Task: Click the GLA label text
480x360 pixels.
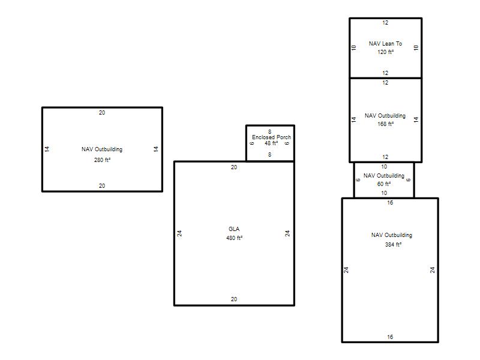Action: [234, 229]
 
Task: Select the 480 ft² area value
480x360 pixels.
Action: [234, 238]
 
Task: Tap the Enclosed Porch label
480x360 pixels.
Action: [271, 137]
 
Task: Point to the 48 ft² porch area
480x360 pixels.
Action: [271, 143]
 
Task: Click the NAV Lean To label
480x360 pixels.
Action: [385, 44]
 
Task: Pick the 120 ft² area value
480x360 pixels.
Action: [385, 52]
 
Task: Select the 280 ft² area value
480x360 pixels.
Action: [102, 160]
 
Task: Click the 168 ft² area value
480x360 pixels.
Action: [385, 124]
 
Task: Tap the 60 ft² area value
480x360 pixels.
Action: [384, 184]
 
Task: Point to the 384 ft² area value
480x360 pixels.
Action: [393, 245]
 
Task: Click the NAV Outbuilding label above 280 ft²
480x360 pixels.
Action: [102, 149]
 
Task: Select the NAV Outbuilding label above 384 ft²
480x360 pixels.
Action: [392, 235]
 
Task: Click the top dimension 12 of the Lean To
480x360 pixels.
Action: [385, 23]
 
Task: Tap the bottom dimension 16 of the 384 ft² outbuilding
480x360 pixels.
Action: [390, 337]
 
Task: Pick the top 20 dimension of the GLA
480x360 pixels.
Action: [234, 167]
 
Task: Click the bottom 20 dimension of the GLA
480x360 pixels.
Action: [234, 299]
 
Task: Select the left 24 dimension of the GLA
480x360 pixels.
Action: [179, 233]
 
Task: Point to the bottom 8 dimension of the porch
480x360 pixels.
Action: [269, 155]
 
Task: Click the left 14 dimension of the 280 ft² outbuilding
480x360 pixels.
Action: [47, 149]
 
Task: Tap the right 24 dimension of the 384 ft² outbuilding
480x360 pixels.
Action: [432, 270]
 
